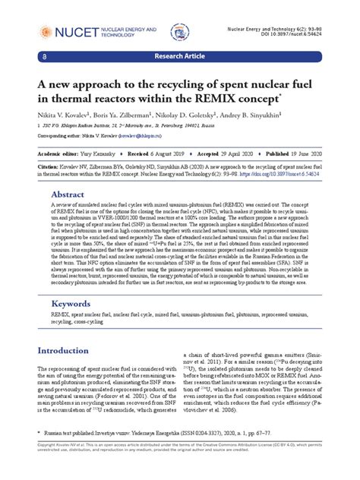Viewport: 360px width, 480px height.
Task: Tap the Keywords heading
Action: click(x=74, y=303)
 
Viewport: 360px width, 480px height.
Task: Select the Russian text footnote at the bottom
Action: click(x=152, y=450)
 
